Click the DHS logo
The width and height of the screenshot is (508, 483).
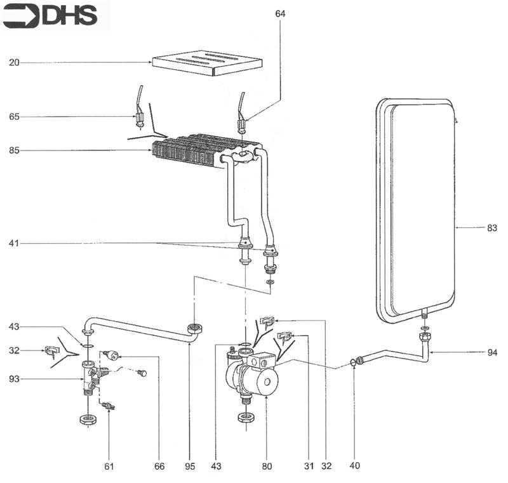coord(50,16)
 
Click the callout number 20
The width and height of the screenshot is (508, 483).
coord(14,62)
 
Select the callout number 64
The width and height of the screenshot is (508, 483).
coord(280,13)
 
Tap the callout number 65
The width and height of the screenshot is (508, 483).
coord(14,117)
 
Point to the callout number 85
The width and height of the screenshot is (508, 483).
coord(14,150)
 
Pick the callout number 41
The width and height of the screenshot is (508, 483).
coord(14,243)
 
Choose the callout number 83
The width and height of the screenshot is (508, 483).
coord(492,227)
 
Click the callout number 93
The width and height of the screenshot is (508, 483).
coord(14,380)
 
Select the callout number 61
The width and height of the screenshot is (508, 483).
coord(109,466)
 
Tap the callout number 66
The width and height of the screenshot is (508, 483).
coord(159,466)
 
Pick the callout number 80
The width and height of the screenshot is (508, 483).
coord(267,466)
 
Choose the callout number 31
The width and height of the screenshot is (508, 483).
coord(309,466)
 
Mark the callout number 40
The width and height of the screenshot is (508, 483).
coord(355,466)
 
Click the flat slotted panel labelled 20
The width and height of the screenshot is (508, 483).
coord(206,63)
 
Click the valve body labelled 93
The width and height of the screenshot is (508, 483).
coord(89,378)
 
